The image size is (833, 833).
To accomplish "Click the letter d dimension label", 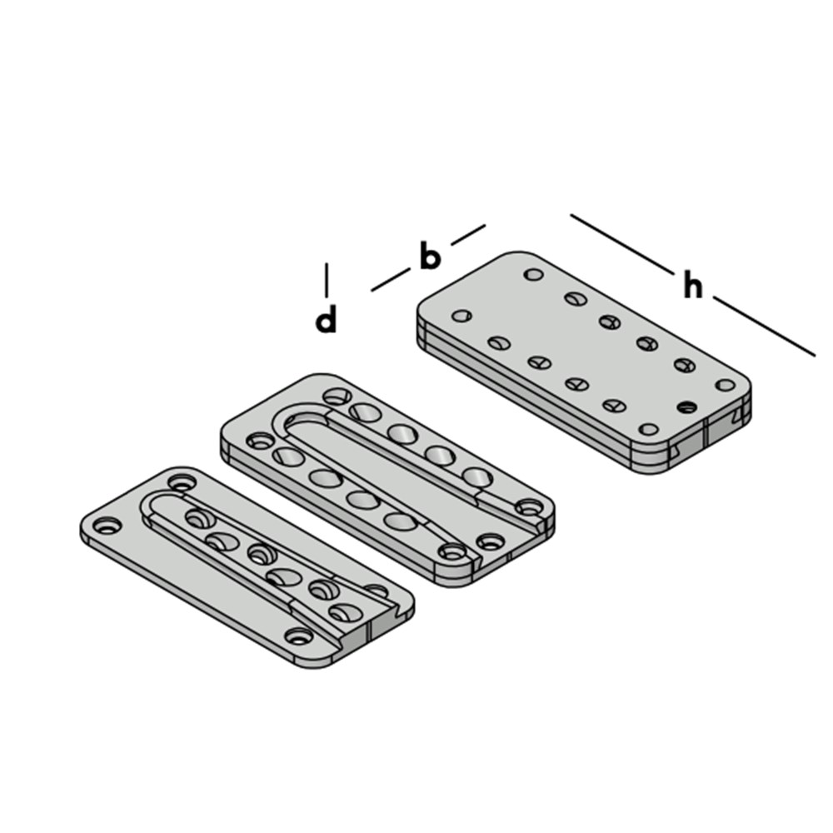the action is pos(326,320).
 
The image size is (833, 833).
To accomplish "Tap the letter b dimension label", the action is pos(431,256).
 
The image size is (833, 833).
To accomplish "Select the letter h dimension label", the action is pos(693,287).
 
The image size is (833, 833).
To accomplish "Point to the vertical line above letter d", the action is pos(327,280).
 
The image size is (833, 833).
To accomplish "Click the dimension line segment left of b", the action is pos(391,280).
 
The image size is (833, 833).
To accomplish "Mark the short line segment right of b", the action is pos(468,235).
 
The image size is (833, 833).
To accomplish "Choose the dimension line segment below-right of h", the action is pos(764,327).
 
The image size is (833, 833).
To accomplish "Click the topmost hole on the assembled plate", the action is pos(533,275).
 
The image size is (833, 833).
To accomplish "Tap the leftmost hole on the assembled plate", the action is pos(461,316).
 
